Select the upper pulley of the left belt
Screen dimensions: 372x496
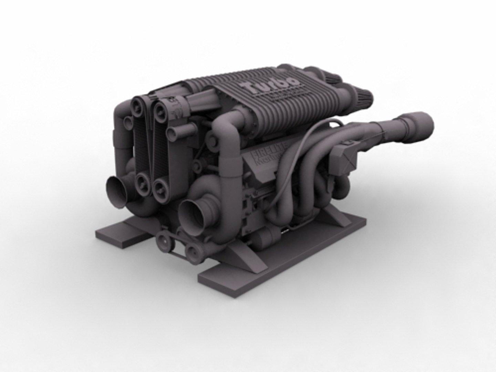coord(138,105)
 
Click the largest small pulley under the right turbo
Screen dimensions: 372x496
coord(164,242)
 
